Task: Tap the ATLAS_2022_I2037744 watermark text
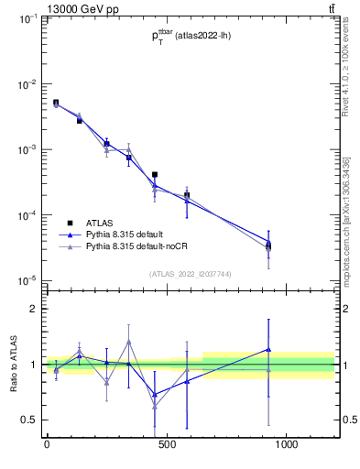pos(190,273)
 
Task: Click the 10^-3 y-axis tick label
pos(27,149)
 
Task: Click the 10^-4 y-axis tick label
pos(27,215)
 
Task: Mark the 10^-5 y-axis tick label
pos(27,280)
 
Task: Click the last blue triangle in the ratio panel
pos(268,349)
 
